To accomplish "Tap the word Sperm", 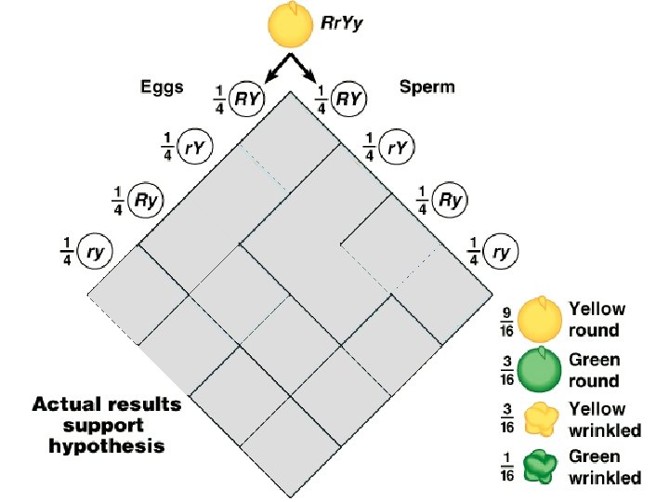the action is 426,87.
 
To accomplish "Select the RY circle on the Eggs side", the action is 245,97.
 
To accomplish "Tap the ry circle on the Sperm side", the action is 500,250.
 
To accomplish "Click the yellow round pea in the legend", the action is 538,319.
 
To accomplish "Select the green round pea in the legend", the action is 538,369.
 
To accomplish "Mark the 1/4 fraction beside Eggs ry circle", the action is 66,250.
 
